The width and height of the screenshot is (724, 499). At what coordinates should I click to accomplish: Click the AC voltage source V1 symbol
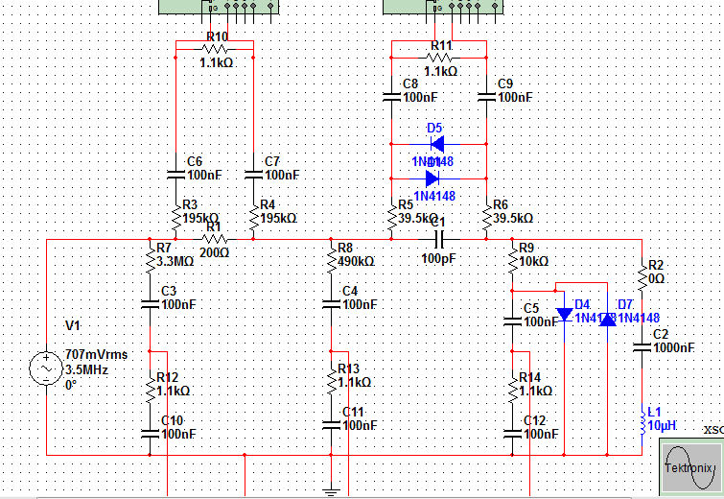(45, 368)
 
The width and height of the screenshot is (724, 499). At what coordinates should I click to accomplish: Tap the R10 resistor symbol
(215, 49)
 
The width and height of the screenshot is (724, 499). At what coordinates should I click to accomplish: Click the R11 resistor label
(441, 45)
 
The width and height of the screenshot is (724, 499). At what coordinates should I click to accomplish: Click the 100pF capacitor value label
(440, 258)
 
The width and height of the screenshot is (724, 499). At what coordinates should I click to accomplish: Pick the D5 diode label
(434, 128)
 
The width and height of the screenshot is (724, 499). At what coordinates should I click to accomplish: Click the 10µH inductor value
(663, 424)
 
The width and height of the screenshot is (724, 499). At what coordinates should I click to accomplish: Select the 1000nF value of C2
(674, 347)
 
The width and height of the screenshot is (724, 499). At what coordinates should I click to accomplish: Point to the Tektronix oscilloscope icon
(689, 467)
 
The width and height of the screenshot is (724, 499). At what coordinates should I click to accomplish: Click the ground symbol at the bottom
(331, 491)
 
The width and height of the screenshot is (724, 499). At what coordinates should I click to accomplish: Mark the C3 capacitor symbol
(150, 304)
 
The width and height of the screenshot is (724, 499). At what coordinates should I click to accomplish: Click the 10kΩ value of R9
(534, 261)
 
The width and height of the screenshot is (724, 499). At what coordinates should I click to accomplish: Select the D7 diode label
(626, 304)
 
